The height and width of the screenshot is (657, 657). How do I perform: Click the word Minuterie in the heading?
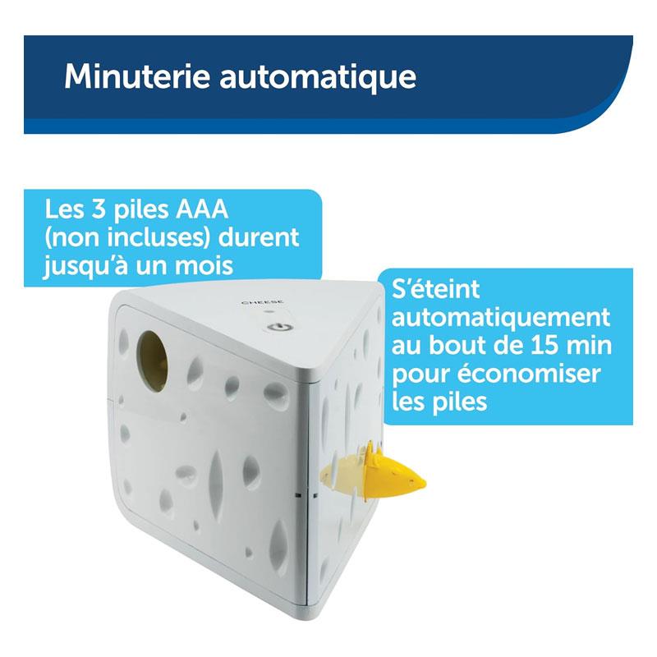[137, 76]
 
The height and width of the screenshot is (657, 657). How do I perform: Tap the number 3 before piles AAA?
[98, 209]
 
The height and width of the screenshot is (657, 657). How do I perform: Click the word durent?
[259, 237]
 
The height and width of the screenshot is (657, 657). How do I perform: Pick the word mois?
[204, 265]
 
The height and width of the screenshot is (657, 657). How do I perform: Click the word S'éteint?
[435, 289]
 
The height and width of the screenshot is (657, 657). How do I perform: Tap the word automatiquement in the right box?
[501, 319]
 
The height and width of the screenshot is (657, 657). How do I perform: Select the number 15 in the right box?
[544, 346]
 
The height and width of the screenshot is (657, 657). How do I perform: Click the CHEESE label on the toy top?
[262, 302]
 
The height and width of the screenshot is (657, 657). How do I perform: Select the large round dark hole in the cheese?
[152, 361]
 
